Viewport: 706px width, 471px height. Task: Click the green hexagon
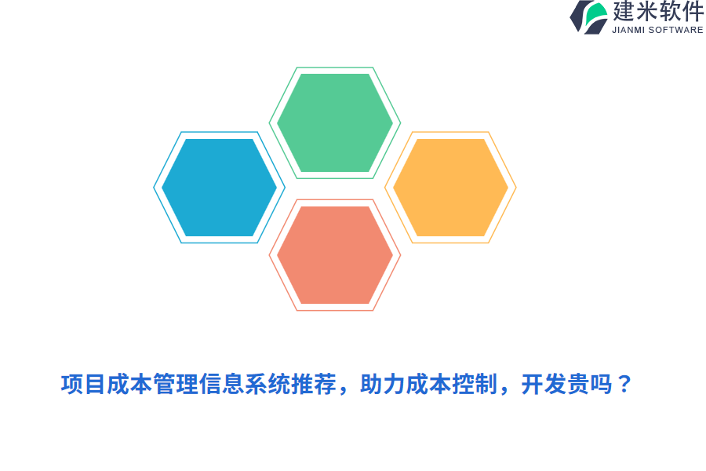(x=335, y=122)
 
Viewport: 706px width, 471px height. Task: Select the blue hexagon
(x=219, y=188)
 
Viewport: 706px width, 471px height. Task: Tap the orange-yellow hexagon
(x=450, y=188)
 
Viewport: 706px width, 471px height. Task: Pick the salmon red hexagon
(x=335, y=255)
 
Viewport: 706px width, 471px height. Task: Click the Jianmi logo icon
(x=589, y=16)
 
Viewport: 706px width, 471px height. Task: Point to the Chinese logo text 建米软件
(x=658, y=12)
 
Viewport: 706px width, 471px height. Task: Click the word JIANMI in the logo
(x=629, y=30)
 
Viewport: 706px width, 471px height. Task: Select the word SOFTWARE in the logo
(x=677, y=30)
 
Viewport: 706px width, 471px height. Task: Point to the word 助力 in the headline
(x=381, y=385)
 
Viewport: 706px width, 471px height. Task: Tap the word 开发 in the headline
(x=543, y=385)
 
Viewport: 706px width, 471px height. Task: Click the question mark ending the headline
(x=624, y=385)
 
